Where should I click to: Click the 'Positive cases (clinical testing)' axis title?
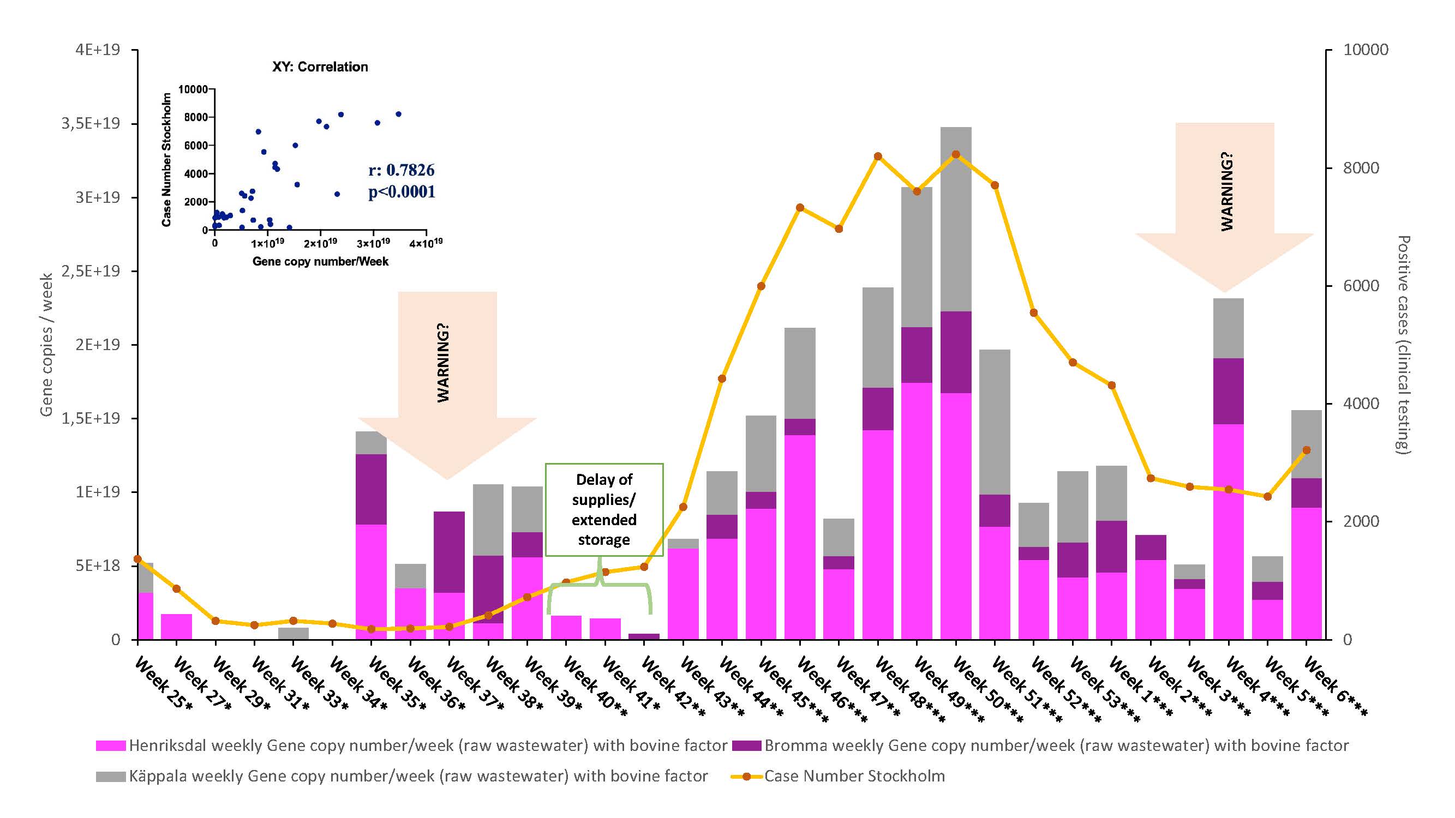[1403, 344]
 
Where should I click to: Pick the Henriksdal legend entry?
[411, 745]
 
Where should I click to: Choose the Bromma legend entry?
[1040, 745]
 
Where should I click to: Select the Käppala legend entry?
[402, 776]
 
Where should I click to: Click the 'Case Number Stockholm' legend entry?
[838, 776]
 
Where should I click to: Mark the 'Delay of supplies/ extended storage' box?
[604, 510]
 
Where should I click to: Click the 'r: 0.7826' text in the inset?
[401, 170]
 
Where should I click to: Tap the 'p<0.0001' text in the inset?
[402, 192]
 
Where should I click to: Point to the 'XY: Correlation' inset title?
[320, 67]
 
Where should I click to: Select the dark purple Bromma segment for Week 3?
[1228, 390]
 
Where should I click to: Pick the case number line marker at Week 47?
[878, 157]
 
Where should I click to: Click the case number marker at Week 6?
[1306, 450]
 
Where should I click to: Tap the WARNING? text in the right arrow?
[1227, 192]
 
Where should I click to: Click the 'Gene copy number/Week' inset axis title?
[320, 261]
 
